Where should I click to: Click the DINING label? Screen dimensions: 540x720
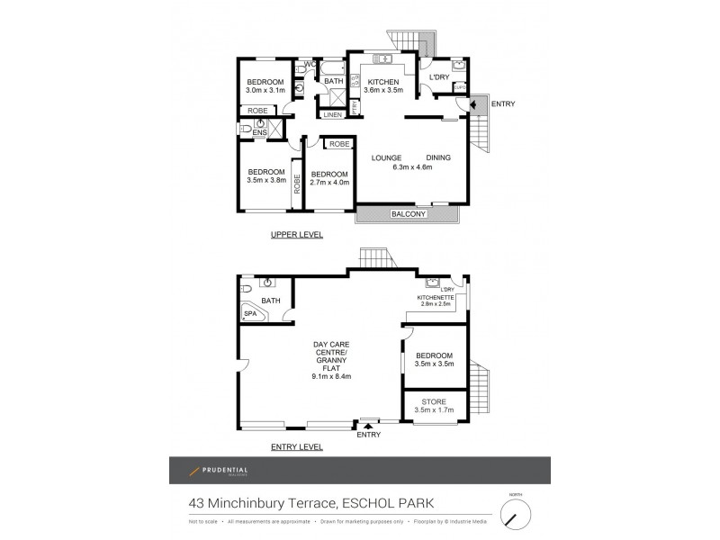(438, 157)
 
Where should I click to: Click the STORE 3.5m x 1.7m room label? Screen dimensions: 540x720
(435, 406)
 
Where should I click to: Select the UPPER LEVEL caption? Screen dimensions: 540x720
(297, 235)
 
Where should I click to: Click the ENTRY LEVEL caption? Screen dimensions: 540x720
(297, 446)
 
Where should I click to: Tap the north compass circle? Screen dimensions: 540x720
(516, 516)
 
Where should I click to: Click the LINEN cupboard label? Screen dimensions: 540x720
(332, 115)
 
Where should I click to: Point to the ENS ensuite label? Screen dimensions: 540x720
(259, 134)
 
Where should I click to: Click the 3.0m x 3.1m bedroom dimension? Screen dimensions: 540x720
(266, 91)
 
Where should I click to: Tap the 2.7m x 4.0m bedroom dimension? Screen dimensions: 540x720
(328, 183)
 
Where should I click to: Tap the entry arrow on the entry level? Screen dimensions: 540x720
(367, 425)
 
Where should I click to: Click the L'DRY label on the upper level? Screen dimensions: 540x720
(439, 77)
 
